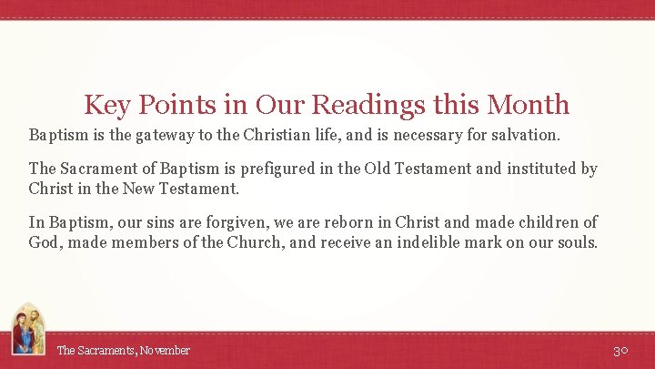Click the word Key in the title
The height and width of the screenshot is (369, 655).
tap(105, 105)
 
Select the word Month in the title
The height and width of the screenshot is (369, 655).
tap(529, 105)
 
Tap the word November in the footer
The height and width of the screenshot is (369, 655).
tap(165, 350)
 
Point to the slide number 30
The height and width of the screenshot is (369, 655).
tap(621, 351)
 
